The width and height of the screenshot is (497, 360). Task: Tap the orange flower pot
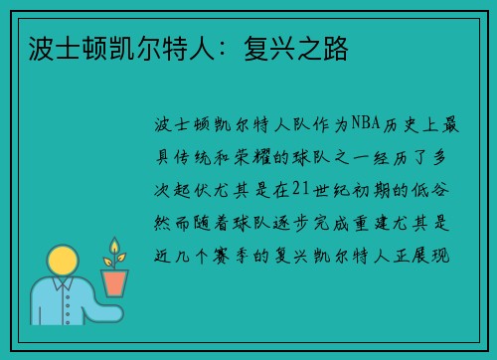click(x=114, y=282)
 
